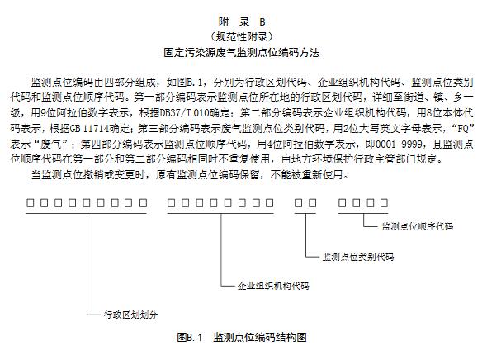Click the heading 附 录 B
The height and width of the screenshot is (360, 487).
point(242,21)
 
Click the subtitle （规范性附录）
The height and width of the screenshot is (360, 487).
point(242,37)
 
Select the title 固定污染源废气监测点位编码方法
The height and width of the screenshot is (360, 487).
point(242,52)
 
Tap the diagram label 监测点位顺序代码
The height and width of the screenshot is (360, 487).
point(417,226)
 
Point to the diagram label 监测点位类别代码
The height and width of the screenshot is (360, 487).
point(358,257)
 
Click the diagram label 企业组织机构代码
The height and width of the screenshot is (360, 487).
point(273,286)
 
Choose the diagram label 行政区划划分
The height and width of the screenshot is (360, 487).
point(130,315)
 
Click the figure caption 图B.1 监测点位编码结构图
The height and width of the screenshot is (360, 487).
point(242,337)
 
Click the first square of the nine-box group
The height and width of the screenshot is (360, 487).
point(30,203)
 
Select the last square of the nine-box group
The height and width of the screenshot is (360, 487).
point(143,203)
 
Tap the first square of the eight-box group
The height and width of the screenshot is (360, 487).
point(171,203)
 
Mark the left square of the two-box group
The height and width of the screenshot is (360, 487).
point(298,203)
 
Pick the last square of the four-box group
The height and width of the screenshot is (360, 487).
point(384,203)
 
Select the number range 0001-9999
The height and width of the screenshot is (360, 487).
point(400,144)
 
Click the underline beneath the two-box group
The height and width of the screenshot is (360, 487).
point(305,213)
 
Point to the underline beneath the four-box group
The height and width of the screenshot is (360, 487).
point(363,213)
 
